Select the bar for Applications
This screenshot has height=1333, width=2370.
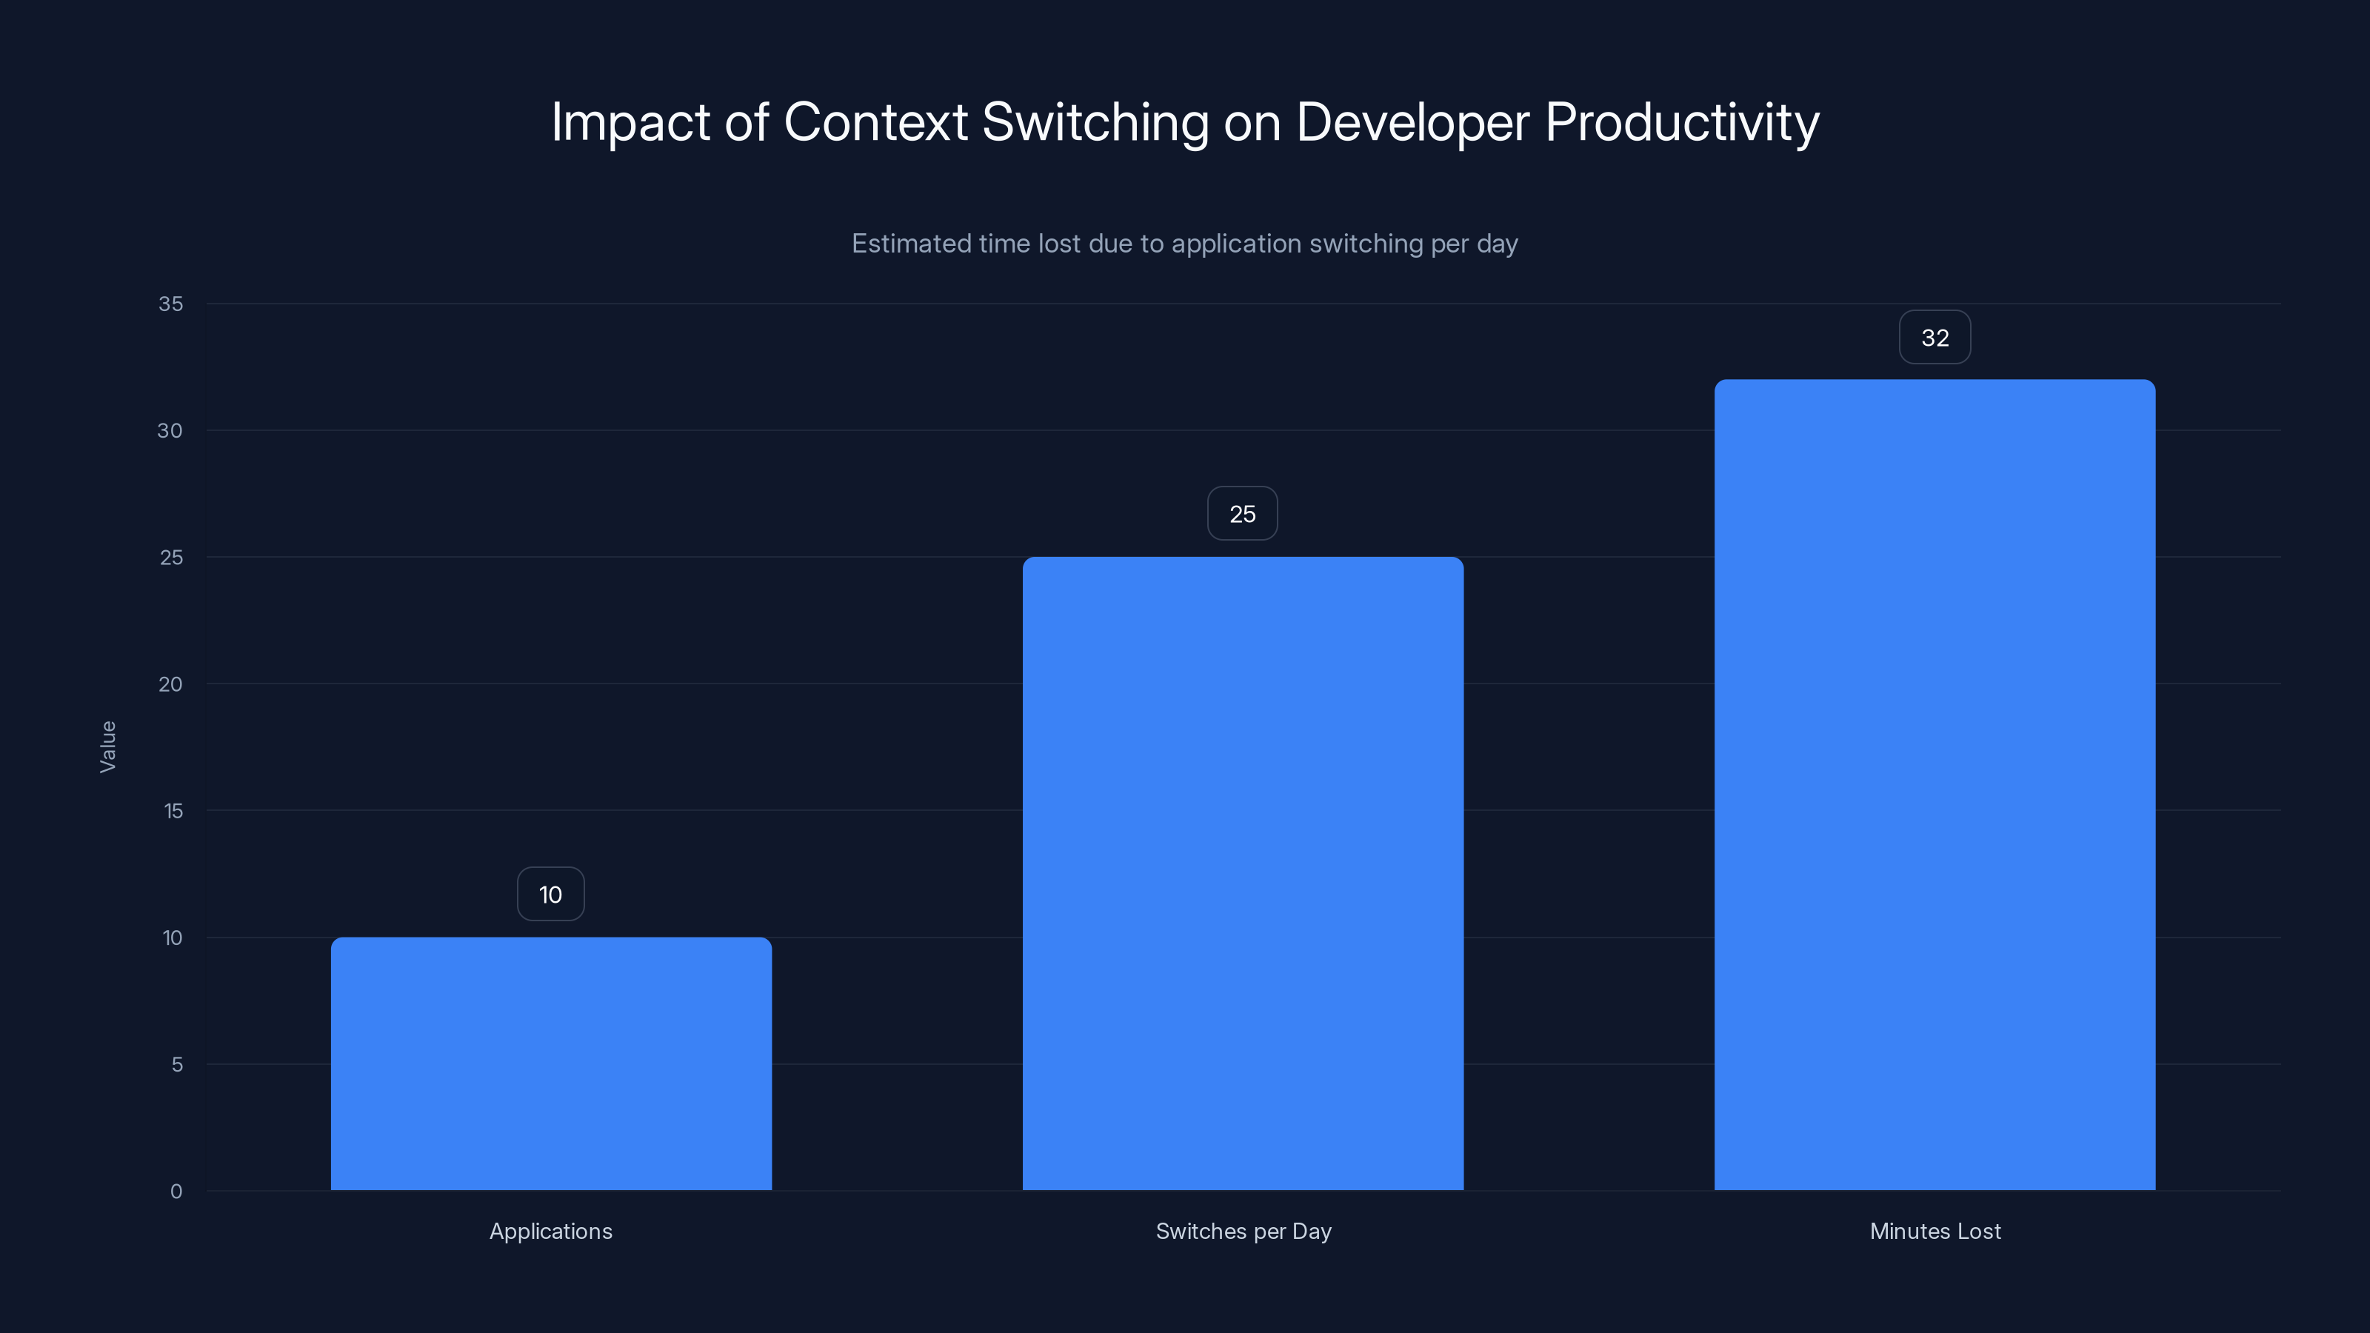coord(551,1063)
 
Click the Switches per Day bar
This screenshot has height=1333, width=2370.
coord(1243,873)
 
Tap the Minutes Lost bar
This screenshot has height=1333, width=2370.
coord(1935,785)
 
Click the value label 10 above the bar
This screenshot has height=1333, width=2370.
coord(550,894)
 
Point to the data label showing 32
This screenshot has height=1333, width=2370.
coord(1935,338)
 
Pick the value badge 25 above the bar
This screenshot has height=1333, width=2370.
coord(1242,514)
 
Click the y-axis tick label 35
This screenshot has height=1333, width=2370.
coord(170,304)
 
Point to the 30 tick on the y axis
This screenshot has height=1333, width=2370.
coord(170,430)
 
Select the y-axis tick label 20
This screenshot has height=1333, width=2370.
coord(170,684)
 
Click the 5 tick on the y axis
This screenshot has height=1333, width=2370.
coord(177,1064)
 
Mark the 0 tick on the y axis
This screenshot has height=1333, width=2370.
coord(177,1192)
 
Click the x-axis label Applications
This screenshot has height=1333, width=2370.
coord(550,1231)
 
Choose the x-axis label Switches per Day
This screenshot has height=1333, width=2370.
coord(1243,1231)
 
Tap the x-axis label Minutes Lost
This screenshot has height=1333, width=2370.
coord(1935,1231)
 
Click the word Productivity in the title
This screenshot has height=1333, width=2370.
coord(1682,122)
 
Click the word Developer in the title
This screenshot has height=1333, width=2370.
coord(1412,122)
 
